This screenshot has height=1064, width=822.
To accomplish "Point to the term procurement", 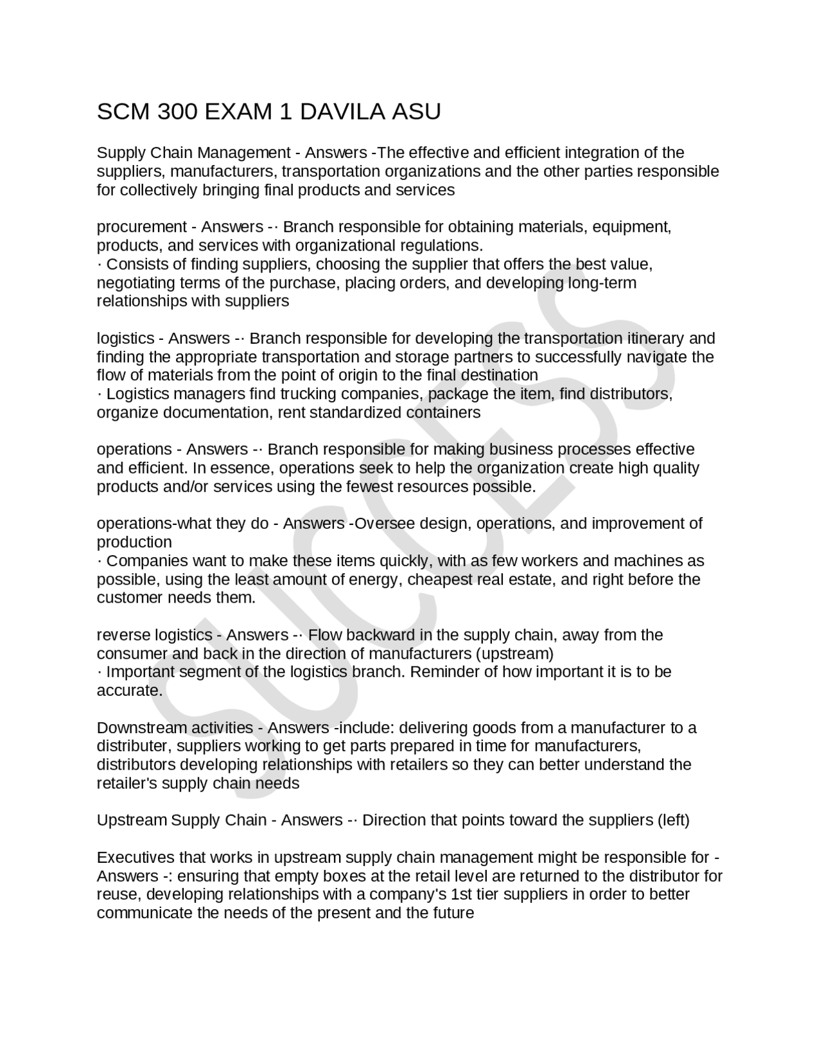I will (x=141, y=227).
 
